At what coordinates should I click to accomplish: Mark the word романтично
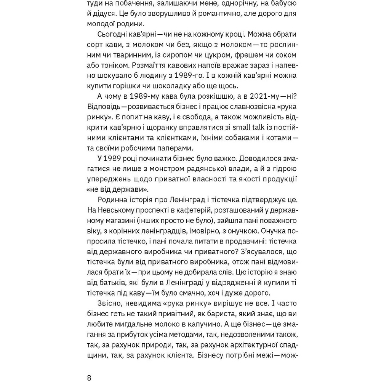tap(208, 14)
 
